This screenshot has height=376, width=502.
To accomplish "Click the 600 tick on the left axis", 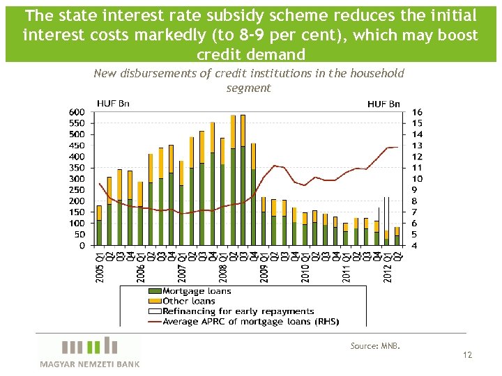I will pyautogui.click(x=77, y=112).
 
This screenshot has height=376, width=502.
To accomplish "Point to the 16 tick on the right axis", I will pyautogui.click(x=417, y=112).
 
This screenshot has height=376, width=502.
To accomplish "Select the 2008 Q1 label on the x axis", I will pyautogui.click(x=222, y=267).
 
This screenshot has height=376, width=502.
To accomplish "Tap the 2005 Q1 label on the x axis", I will pyautogui.click(x=99, y=267).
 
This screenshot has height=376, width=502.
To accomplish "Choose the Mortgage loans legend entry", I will pyautogui.click(x=196, y=291).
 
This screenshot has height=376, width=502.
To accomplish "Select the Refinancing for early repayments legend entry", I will pyautogui.click(x=238, y=311).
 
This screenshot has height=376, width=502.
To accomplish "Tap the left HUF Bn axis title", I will pyautogui.click(x=113, y=104).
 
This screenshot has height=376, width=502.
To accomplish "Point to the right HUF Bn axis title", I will pyautogui.click(x=383, y=104).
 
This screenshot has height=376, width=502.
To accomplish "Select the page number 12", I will pyautogui.click(x=467, y=355).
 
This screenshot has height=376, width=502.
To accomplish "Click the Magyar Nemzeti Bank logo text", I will pyautogui.click(x=89, y=363).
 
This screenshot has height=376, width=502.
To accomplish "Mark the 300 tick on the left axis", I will pyautogui.click(x=77, y=179).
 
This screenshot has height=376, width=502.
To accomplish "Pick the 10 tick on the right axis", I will pyautogui.click(x=417, y=179).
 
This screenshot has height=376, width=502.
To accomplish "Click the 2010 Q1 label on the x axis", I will pyautogui.click(x=305, y=267).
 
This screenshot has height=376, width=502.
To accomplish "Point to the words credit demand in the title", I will pyautogui.click(x=251, y=54).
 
